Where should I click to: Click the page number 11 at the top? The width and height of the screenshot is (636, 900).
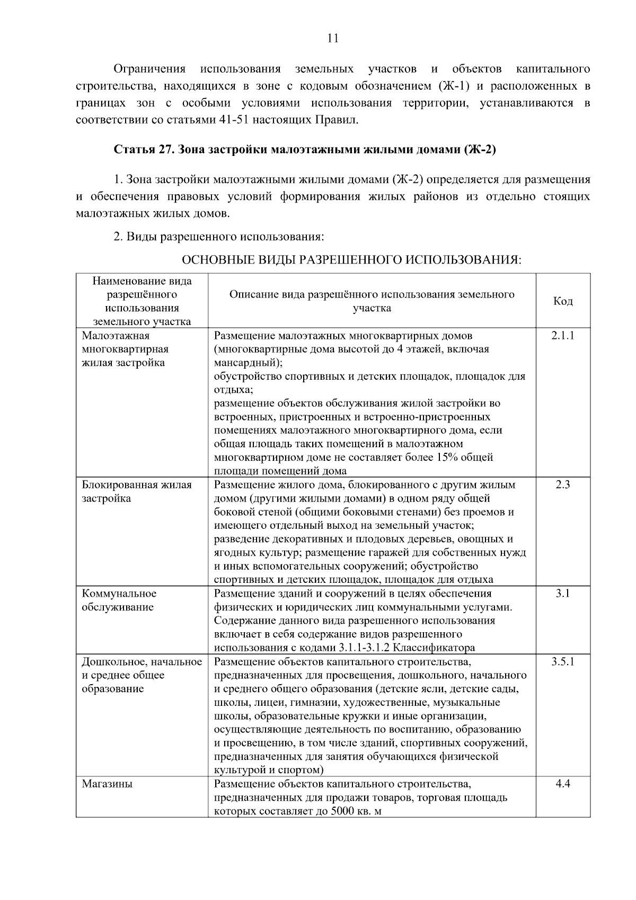click(333, 38)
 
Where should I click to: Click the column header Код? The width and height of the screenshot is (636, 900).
click(563, 301)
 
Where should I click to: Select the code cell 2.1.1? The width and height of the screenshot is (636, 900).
click(563, 336)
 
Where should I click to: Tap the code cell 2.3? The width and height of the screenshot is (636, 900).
click(563, 485)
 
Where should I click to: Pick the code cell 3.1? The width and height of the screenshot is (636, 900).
click(563, 593)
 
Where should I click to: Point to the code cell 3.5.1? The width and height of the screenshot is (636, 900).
click(563, 661)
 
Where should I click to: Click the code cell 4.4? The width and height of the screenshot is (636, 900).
click(563, 783)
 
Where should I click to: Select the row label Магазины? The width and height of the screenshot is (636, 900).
click(107, 783)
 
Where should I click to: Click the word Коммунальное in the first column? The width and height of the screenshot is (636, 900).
click(119, 593)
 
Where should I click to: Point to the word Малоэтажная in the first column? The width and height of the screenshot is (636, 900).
click(116, 336)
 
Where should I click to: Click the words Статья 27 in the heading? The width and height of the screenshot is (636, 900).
click(144, 150)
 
